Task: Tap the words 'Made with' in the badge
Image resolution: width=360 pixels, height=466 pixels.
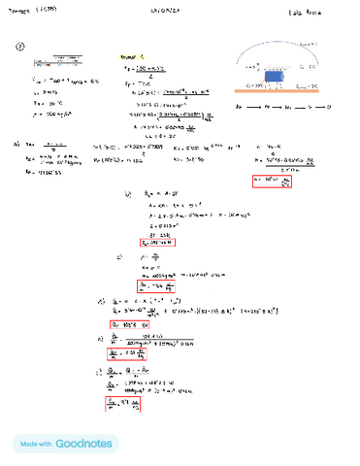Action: pyautogui.click(x=37, y=444)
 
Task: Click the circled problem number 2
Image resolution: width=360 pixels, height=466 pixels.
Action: pyautogui.click(x=19, y=46)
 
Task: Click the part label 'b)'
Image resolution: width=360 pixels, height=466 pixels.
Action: pyautogui.click(x=126, y=193)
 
